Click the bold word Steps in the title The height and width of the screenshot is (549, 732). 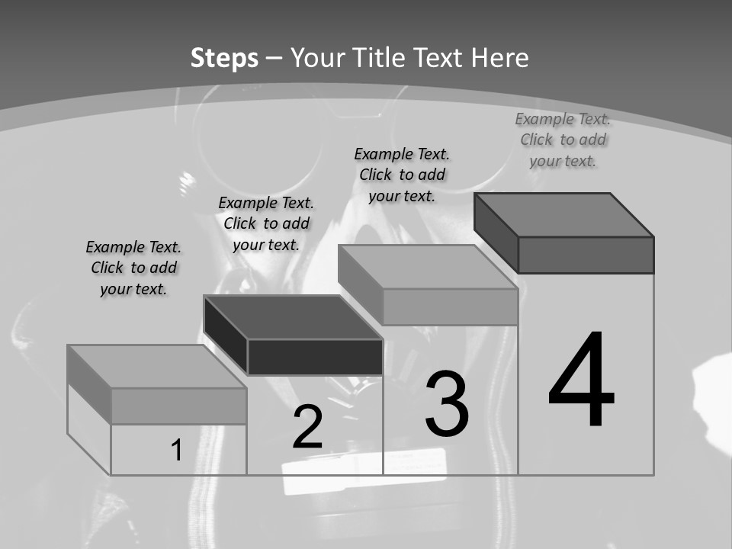click(x=224, y=58)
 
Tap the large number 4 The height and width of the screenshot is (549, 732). click(x=581, y=380)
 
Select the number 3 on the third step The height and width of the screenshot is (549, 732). click(x=447, y=404)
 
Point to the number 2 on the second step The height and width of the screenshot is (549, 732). click(x=308, y=427)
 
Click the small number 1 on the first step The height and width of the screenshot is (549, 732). click(x=177, y=451)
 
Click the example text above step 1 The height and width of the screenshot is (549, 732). click(x=134, y=268)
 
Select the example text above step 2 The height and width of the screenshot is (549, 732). click(x=266, y=224)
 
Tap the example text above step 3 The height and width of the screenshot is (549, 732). click(x=402, y=175)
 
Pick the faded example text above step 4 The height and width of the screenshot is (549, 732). click(x=563, y=140)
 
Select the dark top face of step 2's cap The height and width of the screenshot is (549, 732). click(x=293, y=317)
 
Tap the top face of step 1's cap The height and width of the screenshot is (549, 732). click(x=156, y=366)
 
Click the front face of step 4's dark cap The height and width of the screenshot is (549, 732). click(x=586, y=255)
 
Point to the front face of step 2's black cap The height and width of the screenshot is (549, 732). click(x=315, y=357)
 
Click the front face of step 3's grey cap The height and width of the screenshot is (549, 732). click(x=450, y=307)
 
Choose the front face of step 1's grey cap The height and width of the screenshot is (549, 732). click(x=178, y=406)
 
